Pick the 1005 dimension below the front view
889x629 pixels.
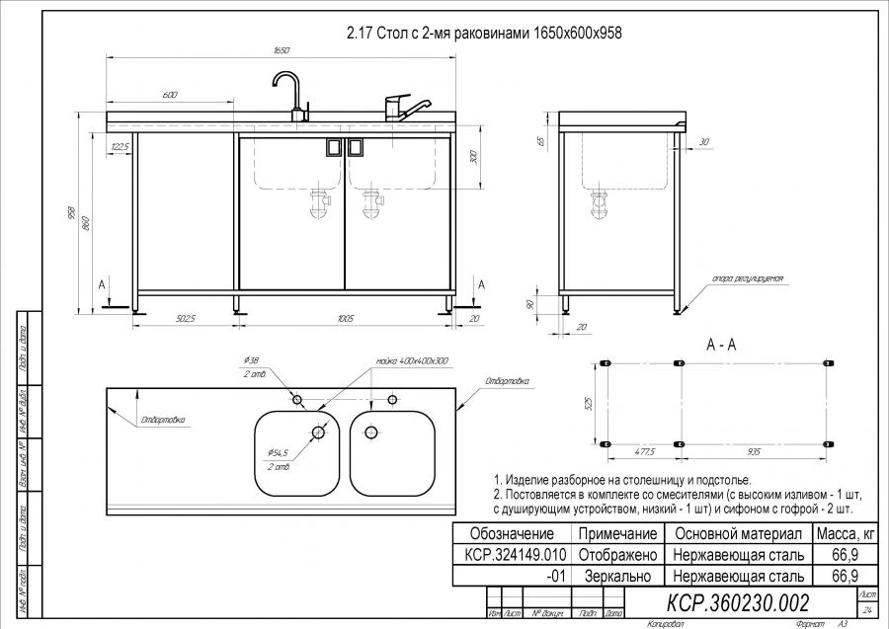(345, 318)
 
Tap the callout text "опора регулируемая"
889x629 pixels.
(748, 279)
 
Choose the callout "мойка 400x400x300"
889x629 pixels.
(412, 361)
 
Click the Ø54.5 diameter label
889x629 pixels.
(276, 451)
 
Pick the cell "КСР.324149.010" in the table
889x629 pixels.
(509, 554)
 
